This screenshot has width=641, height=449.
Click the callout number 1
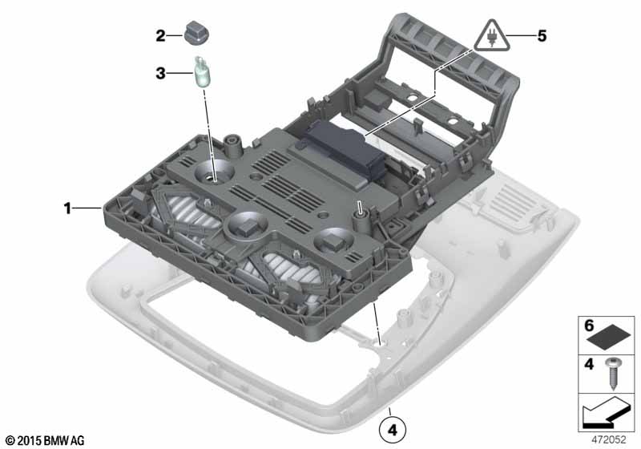click(67, 208)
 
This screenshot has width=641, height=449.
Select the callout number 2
click(161, 36)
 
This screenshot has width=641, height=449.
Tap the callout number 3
click(161, 74)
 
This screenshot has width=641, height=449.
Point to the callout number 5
click(542, 36)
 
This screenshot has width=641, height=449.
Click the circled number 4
click(393, 431)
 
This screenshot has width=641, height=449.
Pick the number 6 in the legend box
click(589, 326)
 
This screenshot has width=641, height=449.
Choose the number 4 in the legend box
click(589, 363)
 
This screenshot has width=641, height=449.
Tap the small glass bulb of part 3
click(201, 72)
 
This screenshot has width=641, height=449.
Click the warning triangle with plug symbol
click(492, 37)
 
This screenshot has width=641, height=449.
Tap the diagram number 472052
click(609, 439)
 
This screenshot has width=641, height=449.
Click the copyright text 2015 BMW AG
click(45, 441)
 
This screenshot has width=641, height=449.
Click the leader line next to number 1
click(87, 208)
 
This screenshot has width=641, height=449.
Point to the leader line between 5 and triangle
click(521, 35)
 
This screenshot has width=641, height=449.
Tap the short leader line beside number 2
click(175, 36)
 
